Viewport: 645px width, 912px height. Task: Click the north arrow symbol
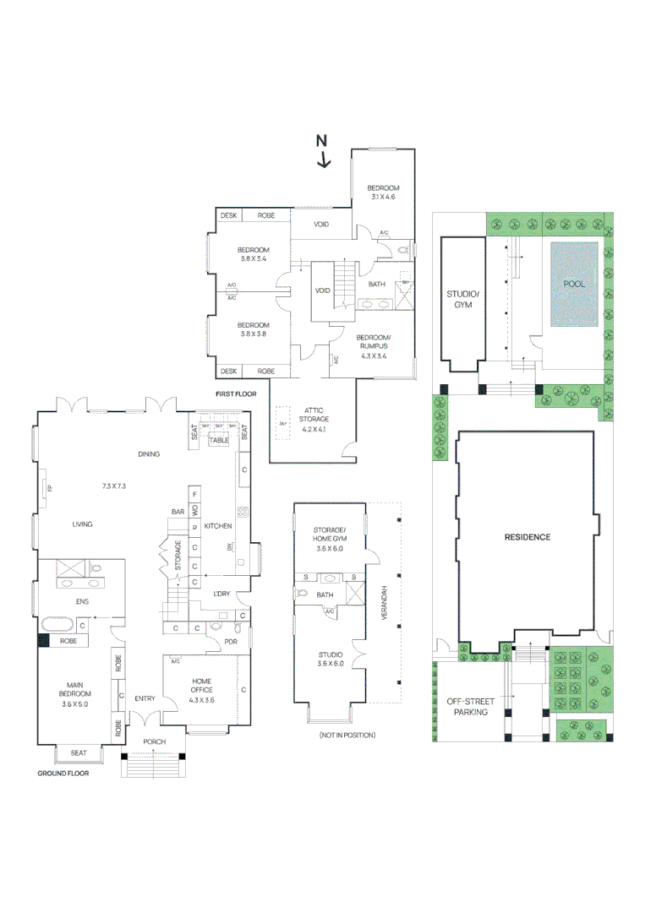pos(322,153)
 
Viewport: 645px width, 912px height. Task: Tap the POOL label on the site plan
pos(574,284)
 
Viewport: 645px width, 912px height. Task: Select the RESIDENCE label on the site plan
pos(527,537)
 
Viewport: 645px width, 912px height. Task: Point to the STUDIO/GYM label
pos(462,299)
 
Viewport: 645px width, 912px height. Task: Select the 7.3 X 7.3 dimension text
pos(113,486)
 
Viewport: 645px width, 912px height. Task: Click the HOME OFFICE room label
pos(201,686)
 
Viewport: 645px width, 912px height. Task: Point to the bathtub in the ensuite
pos(57,624)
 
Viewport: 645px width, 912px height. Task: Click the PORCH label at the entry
pos(154,742)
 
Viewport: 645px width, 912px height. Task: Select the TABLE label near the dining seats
pos(220,440)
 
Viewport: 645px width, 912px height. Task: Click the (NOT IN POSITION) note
pos(347,736)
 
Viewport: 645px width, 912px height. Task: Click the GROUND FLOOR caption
pos(63,773)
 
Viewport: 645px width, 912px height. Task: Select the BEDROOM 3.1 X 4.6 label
pos(382,192)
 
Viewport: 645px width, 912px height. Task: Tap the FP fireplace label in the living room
pos(50,488)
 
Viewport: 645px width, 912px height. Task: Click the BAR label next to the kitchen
pos(178,512)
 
